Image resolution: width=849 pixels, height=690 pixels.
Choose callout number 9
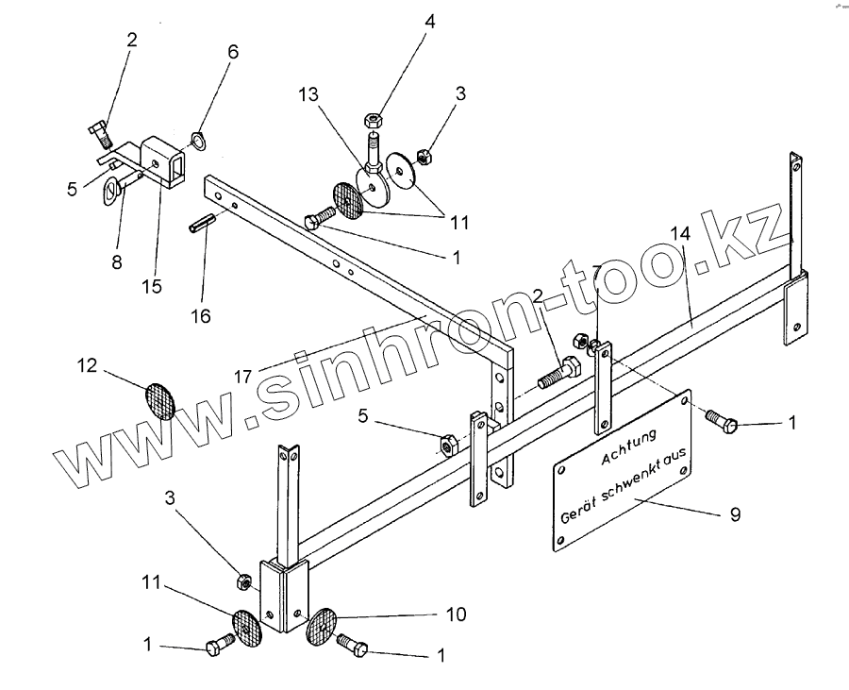(x=735, y=514)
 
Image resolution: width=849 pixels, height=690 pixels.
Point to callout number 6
(x=232, y=51)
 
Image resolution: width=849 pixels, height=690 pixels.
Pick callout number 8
(x=117, y=261)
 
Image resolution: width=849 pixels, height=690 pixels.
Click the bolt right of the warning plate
(x=723, y=422)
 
